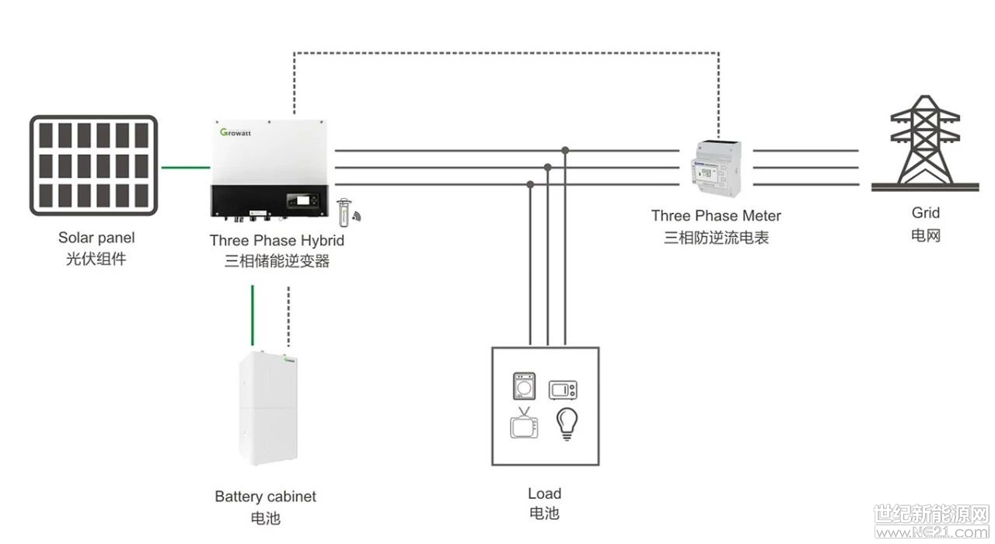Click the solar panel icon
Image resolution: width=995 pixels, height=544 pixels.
[x=94, y=166]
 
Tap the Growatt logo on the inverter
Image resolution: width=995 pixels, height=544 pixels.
[x=236, y=132]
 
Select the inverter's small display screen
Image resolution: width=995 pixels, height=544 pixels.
[x=302, y=201]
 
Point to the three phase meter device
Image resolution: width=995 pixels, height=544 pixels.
[x=716, y=168]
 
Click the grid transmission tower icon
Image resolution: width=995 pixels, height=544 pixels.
[x=925, y=143]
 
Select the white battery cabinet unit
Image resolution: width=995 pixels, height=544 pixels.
[x=268, y=408]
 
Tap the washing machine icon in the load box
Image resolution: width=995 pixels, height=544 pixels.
[x=524, y=386]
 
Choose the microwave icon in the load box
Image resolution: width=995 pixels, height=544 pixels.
[x=563, y=390]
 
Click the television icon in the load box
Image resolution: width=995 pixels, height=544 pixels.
[x=524, y=424]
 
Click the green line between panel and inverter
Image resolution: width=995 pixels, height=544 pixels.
[x=186, y=167]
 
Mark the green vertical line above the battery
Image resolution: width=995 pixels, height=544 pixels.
[x=253, y=316]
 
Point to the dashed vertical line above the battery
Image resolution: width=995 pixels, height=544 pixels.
[x=288, y=316]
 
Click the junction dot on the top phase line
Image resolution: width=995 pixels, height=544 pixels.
[x=565, y=151]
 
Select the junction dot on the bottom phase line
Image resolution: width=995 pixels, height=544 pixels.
[x=530, y=184]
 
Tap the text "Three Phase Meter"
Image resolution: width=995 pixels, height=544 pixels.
[x=716, y=216]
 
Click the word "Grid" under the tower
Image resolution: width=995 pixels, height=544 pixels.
[x=926, y=213]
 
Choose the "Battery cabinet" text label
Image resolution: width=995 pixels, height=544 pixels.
[x=265, y=496]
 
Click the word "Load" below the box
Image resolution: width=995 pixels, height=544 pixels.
[x=545, y=493]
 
